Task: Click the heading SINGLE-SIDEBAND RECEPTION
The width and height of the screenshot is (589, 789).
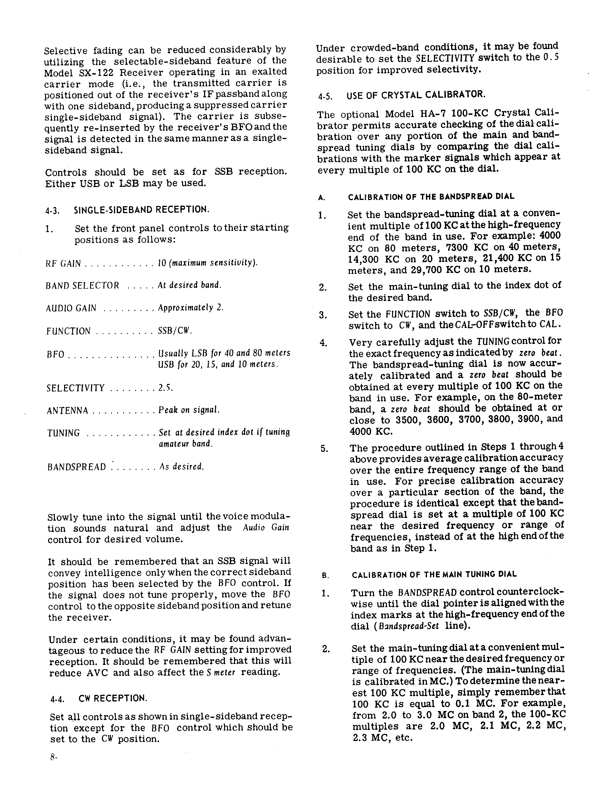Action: coord(141,209)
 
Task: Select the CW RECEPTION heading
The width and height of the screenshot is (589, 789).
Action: coord(113,698)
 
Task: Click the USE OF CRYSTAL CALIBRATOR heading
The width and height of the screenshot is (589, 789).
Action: coord(416,95)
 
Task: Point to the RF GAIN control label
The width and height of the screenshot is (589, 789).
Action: coord(63,264)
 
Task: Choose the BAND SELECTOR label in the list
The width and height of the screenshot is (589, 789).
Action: coord(82,286)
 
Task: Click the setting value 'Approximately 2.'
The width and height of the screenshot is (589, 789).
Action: coord(191,308)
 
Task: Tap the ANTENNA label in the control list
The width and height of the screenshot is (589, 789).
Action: coord(67,411)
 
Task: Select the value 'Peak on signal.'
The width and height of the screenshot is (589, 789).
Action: coord(189,410)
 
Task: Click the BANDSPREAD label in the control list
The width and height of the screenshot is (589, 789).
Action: coord(77,467)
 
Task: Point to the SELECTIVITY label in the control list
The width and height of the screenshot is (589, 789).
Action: coord(76,388)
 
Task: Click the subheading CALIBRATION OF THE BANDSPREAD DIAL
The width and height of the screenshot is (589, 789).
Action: coord(431,197)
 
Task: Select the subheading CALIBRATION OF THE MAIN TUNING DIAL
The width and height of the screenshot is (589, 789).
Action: coord(434,574)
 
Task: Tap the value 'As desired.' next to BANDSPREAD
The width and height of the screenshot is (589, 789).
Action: coord(181,467)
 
